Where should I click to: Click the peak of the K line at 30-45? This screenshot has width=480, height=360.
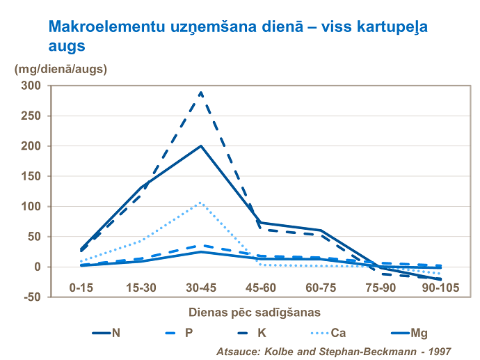[201, 92]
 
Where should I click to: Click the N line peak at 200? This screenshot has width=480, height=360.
[201, 146]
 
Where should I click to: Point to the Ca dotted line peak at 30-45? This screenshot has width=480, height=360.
[201, 203]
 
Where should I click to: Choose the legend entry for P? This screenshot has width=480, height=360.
[189, 333]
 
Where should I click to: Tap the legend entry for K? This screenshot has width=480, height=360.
[260, 333]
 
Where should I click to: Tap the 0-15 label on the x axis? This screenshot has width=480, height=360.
[82, 287]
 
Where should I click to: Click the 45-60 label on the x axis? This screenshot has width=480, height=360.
[260, 287]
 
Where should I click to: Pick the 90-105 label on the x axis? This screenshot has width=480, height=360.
[438, 287]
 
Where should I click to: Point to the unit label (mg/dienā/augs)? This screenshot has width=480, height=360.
[61, 69]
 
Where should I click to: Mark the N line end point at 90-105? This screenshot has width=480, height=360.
[438, 279]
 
